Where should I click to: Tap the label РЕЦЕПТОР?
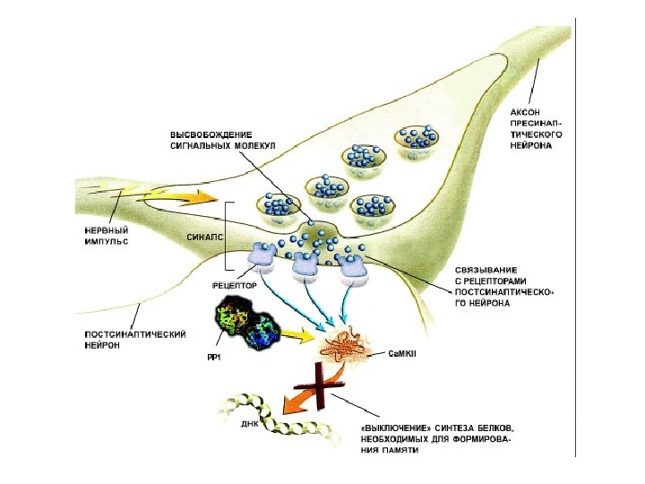click(x=235, y=285)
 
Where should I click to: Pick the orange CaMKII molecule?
click(x=344, y=344)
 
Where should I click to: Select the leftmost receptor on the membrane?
click(x=262, y=257)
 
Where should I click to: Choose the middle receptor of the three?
click(x=306, y=264)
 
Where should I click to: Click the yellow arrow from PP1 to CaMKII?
click(x=299, y=337)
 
